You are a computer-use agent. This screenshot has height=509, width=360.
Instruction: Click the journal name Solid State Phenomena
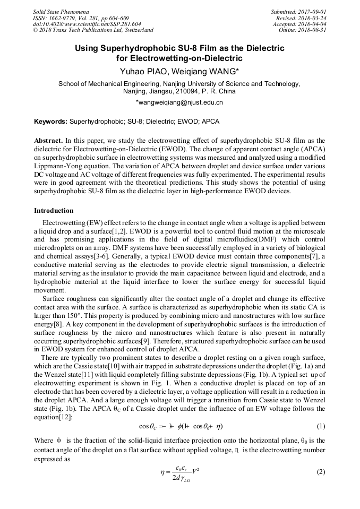(x=61, y=12)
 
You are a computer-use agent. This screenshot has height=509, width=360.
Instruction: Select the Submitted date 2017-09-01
(x=312, y=12)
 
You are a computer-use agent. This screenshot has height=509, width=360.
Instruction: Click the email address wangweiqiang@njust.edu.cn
(x=179, y=102)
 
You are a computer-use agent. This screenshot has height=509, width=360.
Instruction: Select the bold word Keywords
(x=51, y=122)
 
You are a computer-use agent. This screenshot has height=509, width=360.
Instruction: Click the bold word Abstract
(x=48, y=141)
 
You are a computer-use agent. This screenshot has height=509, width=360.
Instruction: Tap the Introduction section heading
(x=54, y=211)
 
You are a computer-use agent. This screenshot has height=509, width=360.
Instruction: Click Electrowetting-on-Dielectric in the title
(x=179, y=58)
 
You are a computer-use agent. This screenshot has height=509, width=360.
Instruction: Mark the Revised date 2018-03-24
(x=312, y=18)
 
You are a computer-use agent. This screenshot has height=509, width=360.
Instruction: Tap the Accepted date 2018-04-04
(x=312, y=24)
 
